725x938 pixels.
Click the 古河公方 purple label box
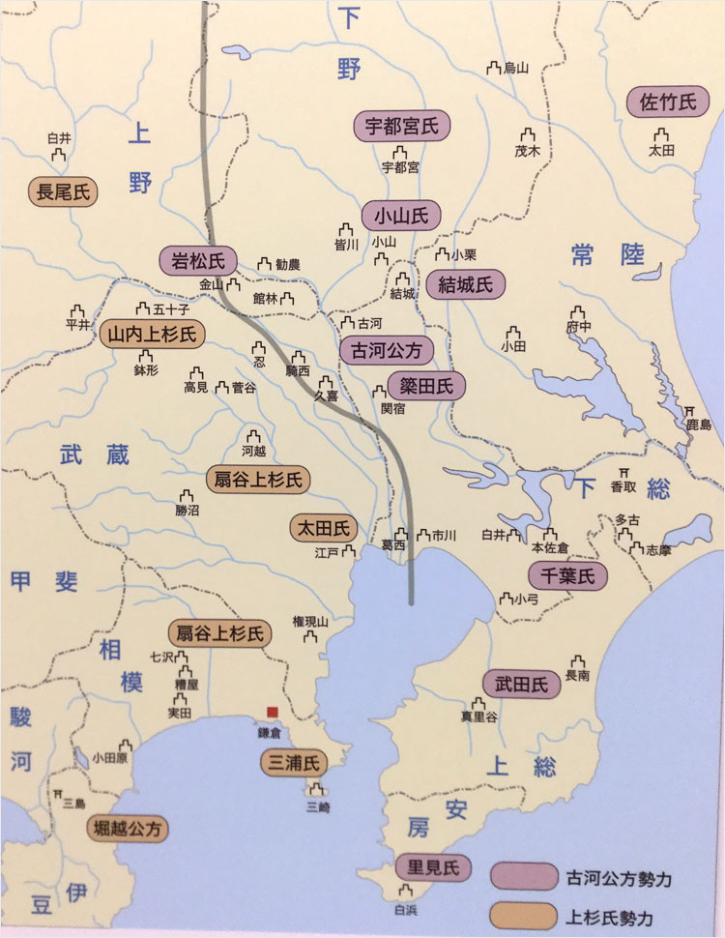(387, 350)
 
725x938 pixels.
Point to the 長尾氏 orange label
(63, 192)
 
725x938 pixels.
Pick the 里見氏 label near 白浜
(433, 867)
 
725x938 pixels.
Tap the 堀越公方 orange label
(128, 828)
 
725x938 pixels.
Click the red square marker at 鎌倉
(275, 713)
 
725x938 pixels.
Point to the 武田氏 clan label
(521, 685)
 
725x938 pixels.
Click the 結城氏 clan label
(465, 285)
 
